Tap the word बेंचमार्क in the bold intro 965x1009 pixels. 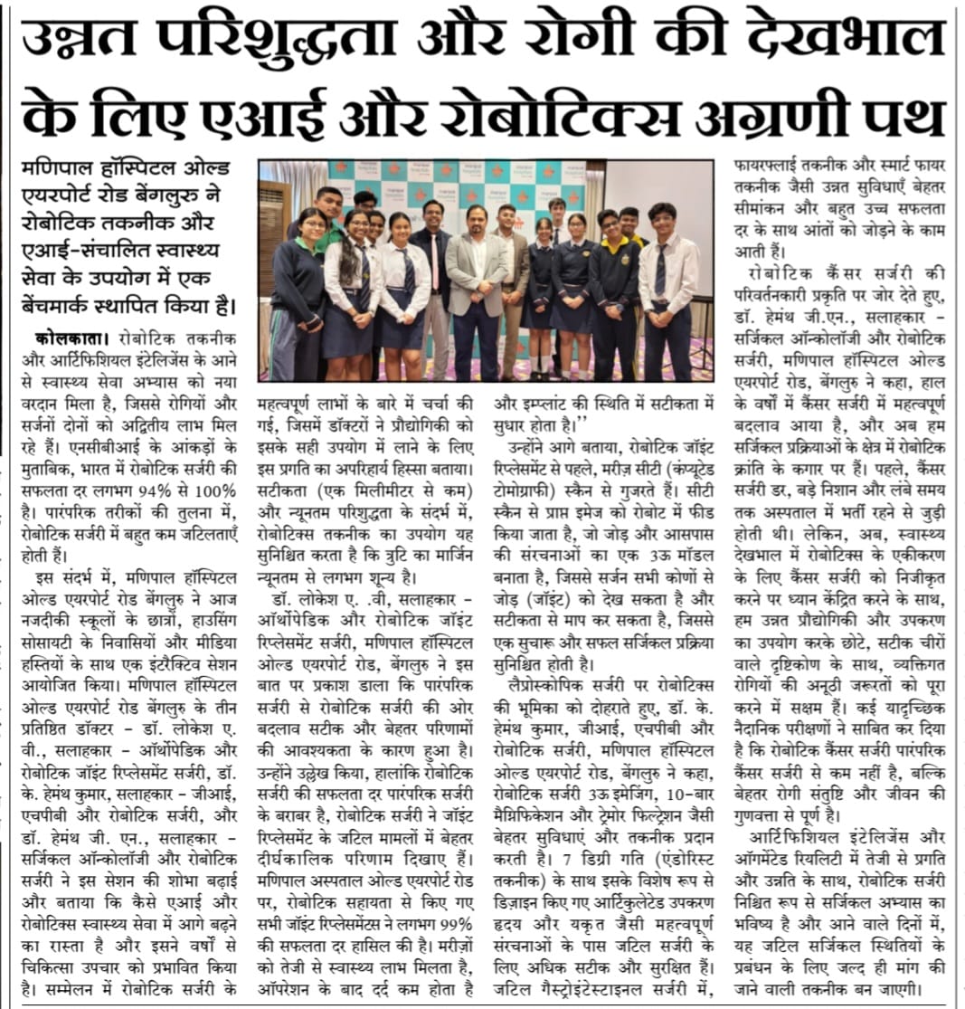[x=71, y=301]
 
